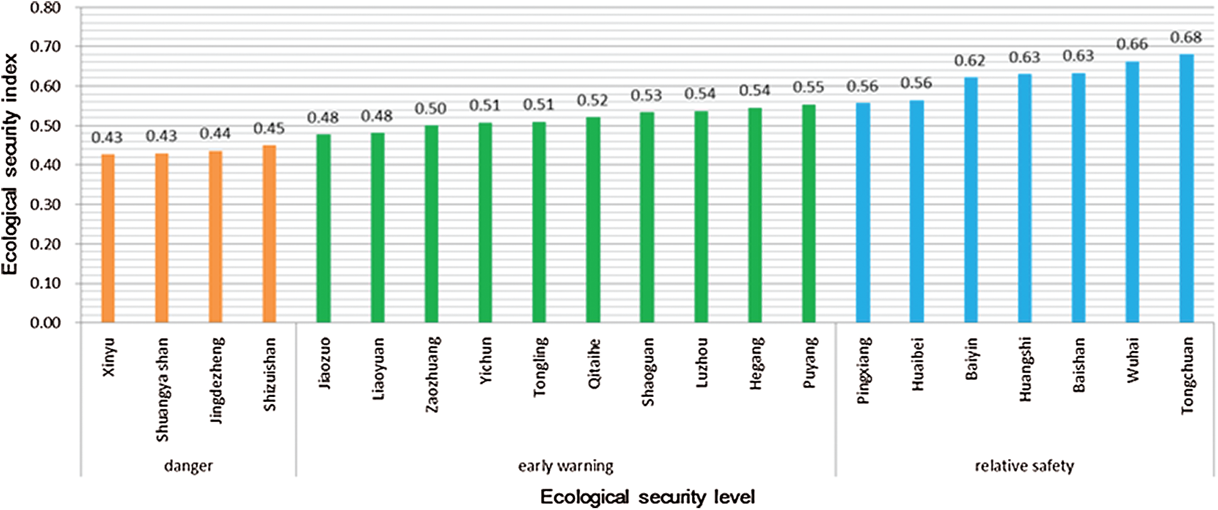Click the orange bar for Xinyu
pos(108,239)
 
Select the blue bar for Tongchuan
pos(1187,188)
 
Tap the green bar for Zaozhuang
pos(432,224)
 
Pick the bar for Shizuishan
pos(269,234)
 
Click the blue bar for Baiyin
pos(971,200)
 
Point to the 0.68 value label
pos(1186,38)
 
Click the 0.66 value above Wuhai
pos(1132,45)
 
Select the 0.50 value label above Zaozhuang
pos(431,109)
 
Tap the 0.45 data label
pos(269,129)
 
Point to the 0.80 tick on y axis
pos(45,8)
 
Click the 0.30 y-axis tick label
pos(45,205)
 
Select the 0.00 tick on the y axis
pos(45,323)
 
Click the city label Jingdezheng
pos(217,381)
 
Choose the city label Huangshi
pos(1025,369)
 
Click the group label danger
pos(189,466)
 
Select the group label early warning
pos(566,466)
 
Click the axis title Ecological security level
pos(647,497)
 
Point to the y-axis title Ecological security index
pos(10,165)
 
